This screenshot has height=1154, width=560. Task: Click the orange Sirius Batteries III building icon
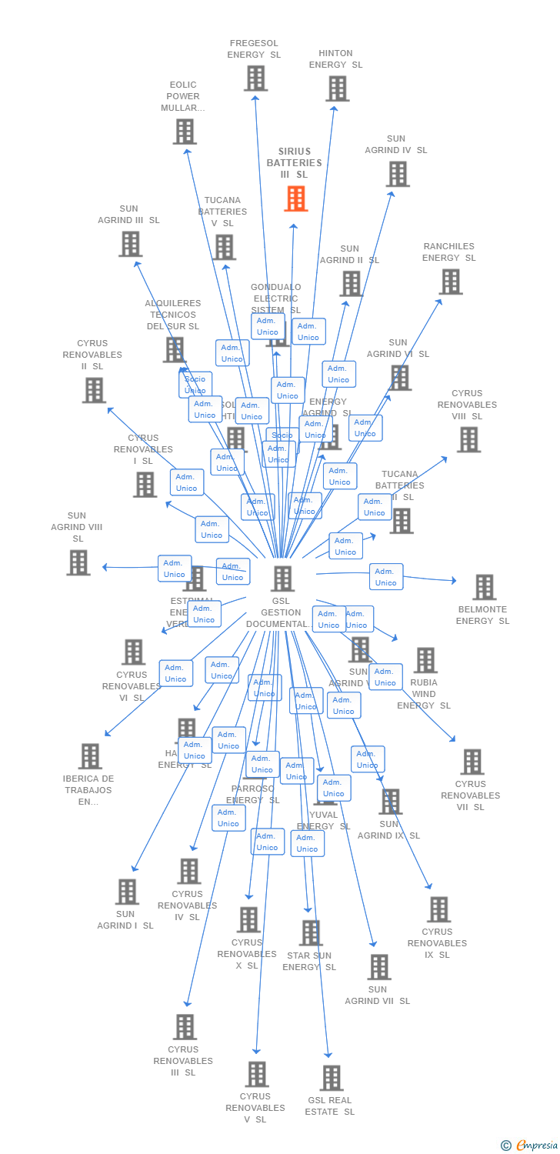point(295,198)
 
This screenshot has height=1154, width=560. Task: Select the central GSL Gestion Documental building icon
point(282,579)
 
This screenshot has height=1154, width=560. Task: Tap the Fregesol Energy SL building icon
point(255,78)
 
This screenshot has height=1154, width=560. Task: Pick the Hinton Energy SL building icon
point(337,88)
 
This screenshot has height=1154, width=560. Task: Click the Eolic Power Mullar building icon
point(184,132)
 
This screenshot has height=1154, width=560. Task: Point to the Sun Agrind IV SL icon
point(397,174)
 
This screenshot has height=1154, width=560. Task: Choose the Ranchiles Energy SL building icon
point(450,282)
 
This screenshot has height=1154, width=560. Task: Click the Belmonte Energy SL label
point(482,615)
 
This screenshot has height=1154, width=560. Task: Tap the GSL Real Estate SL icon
point(331,1078)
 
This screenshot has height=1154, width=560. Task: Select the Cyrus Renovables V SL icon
point(256,1074)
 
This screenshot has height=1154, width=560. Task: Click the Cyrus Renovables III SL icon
point(185,1026)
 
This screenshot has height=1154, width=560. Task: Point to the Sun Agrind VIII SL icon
point(78,562)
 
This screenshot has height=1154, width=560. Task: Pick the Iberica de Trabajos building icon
point(90,756)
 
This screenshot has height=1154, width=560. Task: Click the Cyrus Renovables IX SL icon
point(438,909)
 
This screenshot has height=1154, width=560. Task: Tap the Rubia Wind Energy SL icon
point(425,660)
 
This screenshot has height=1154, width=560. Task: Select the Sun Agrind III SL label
point(128,214)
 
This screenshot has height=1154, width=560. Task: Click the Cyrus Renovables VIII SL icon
point(468,439)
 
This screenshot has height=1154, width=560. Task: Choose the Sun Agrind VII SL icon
point(378,967)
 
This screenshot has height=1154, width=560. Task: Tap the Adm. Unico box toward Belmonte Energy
point(386,576)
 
